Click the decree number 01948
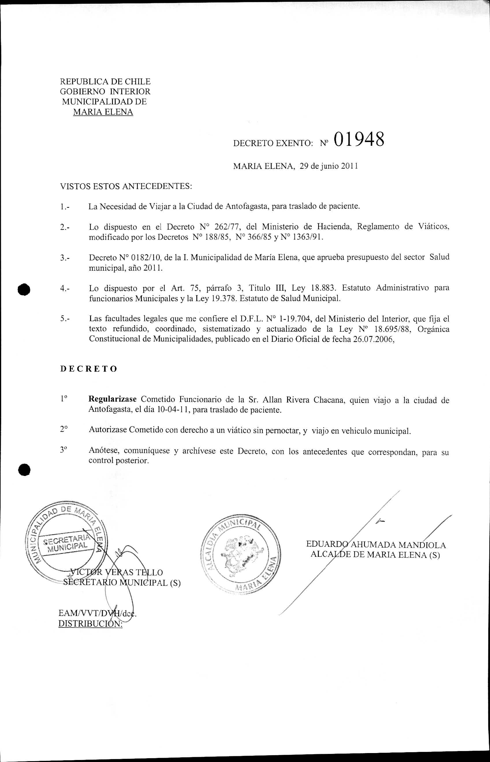[359, 140]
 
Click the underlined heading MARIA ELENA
[103, 112]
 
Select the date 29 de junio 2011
[329, 166]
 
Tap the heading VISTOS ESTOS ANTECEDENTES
[126, 186]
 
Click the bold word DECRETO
[89, 369]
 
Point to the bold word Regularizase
[112, 399]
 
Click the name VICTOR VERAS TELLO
[116, 572]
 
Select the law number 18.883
[323, 288]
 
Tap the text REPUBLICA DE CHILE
[105, 81]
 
